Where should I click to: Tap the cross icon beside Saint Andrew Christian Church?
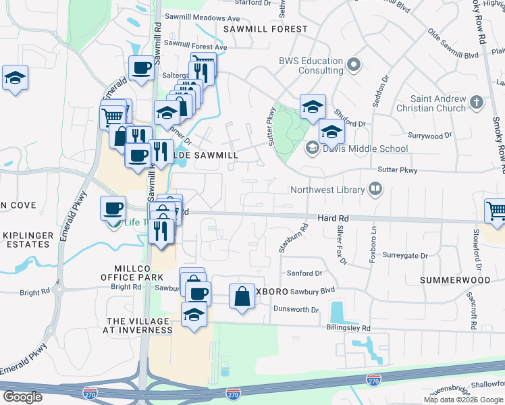(477, 103)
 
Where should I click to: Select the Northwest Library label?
(327, 190)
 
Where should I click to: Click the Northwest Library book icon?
(375, 190)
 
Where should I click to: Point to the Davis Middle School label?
(365, 148)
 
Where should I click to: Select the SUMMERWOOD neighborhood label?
(454, 279)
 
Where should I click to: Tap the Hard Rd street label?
(334, 219)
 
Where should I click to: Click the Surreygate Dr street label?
(405, 256)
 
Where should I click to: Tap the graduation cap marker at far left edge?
(14, 78)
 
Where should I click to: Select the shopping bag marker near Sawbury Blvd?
(242, 296)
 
